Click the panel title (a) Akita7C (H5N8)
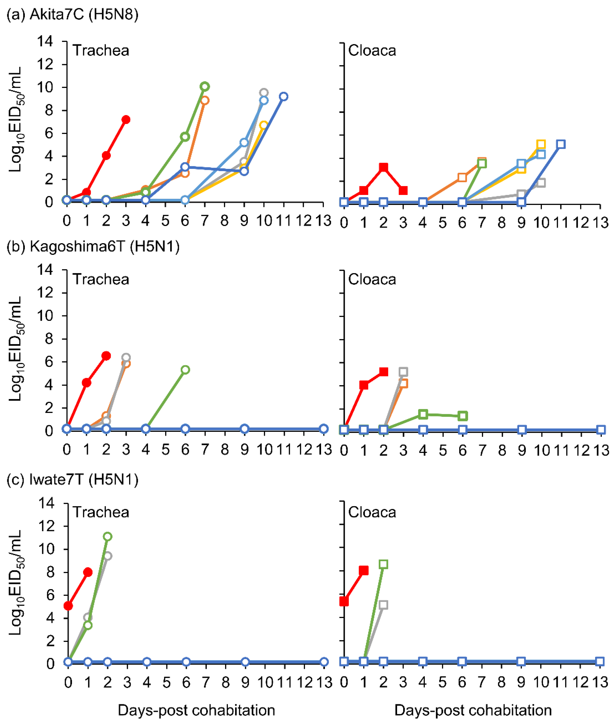[72, 15]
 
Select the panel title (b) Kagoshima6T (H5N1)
[93, 246]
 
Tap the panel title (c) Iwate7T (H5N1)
[72, 479]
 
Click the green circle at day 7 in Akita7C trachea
[205, 86]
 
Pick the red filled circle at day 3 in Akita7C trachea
[126, 120]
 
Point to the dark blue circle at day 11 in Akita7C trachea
[284, 96]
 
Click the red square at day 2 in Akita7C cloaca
[383, 167]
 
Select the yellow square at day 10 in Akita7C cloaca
[541, 144]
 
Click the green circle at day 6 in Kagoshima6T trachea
[185, 370]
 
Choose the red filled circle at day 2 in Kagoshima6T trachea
[106, 356]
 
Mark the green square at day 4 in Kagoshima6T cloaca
[423, 414]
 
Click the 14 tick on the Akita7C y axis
[45, 42]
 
